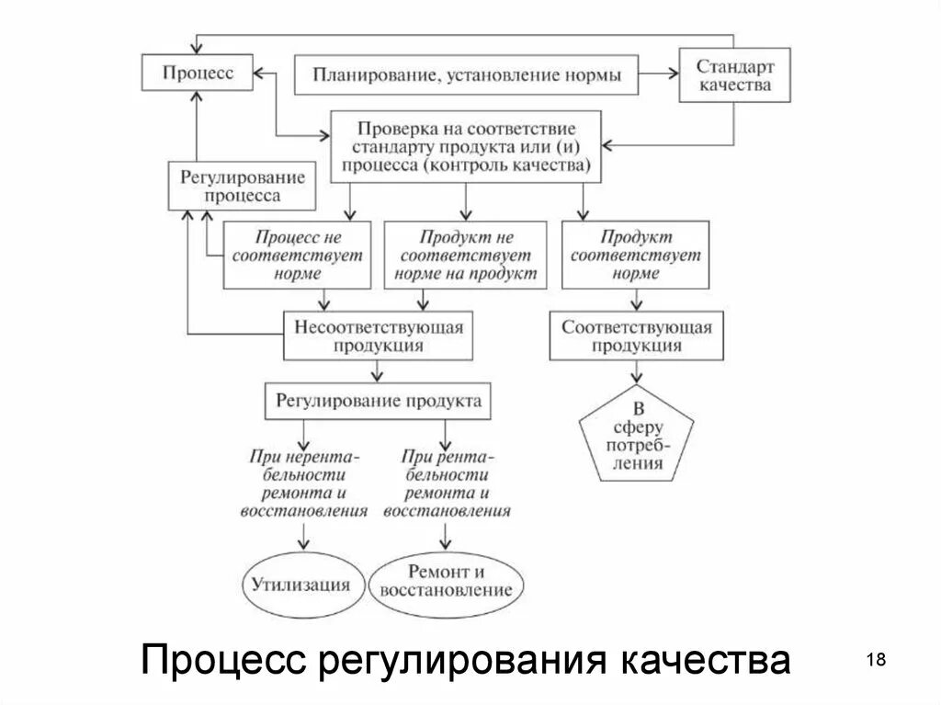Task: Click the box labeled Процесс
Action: point(198,73)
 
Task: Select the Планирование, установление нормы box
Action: point(468,74)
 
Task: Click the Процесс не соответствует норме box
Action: point(297,255)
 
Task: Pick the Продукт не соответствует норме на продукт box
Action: point(465,255)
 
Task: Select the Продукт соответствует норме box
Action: point(634,255)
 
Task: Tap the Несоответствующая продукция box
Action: point(378,335)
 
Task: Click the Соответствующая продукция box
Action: point(636,335)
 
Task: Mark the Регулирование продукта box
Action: point(379,402)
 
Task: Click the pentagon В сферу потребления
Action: point(637,437)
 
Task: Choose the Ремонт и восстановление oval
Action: point(446,582)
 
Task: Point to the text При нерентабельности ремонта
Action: point(303,483)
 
